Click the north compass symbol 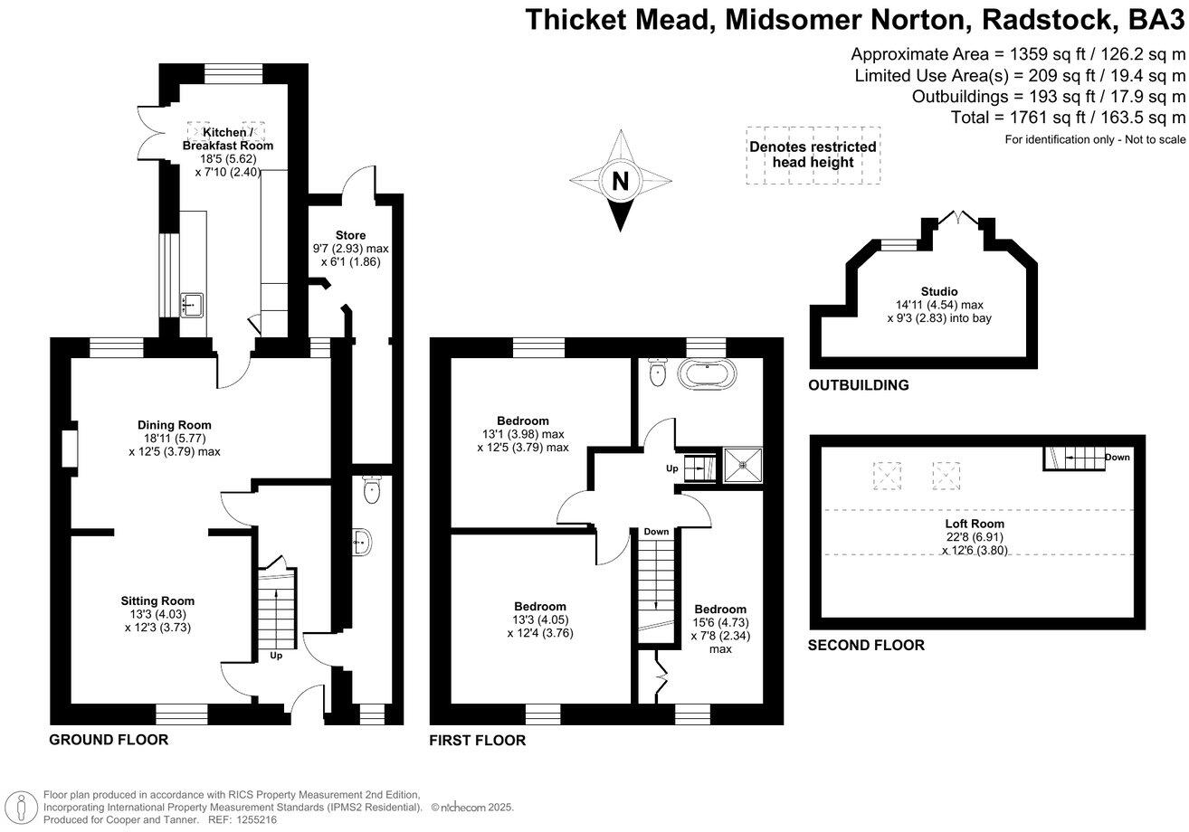point(621,180)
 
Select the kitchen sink point(191,304)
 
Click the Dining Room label point(175,425)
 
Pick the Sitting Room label point(158,600)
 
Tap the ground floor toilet point(369,492)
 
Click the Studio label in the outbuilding point(939,291)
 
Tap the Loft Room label point(975,523)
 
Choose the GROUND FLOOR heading point(109,740)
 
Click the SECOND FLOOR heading point(866,645)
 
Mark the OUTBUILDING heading point(858,385)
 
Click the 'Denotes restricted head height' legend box point(813,155)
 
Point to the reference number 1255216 point(254,819)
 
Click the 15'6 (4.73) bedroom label point(720,622)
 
